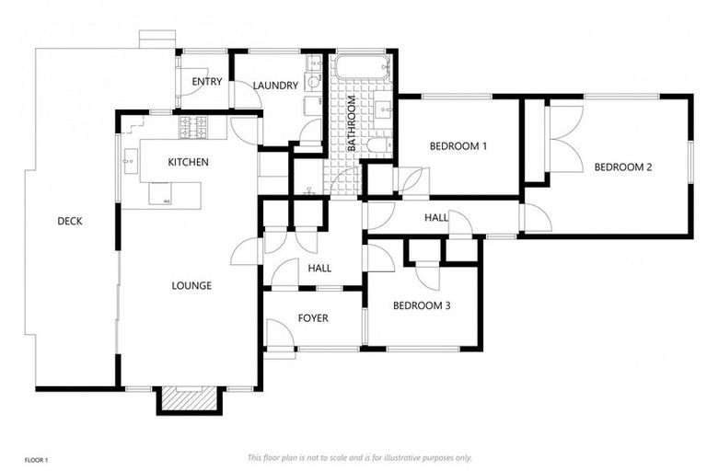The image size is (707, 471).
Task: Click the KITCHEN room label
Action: click(188, 163)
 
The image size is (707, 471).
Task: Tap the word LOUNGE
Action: click(191, 286)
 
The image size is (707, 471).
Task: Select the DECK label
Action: click(70, 221)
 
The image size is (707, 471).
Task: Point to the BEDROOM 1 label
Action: click(458, 146)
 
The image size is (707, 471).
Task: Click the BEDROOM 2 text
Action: click(622, 167)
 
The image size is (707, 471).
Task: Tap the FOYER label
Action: click(313, 319)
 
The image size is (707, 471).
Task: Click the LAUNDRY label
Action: click(276, 86)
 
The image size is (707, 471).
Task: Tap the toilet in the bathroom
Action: click(377, 144)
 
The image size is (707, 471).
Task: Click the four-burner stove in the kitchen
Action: click(198, 128)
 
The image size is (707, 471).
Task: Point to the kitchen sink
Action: click(128, 159)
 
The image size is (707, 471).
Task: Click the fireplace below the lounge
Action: click(189, 397)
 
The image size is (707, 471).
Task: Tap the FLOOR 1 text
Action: click(36, 458)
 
